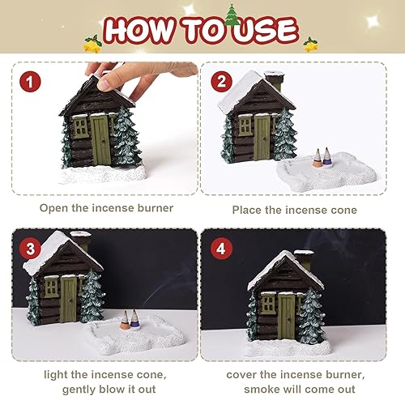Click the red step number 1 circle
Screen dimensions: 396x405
tap(30, 82)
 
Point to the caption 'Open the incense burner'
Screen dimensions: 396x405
tap(107, 208)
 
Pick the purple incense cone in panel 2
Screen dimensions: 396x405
tap(326, 155)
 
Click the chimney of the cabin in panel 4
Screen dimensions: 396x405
tap(305, 261)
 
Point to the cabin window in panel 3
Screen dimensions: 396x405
tap(51, 287)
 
